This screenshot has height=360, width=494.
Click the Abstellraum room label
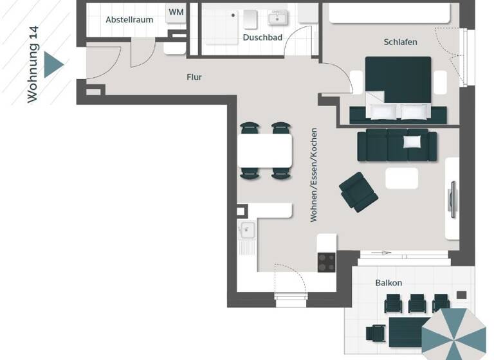(x=129, y=19)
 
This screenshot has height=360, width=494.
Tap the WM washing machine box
(x=176, y=13)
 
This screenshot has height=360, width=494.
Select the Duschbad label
(x=262, y=38)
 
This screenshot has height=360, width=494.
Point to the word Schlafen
(x=400, y=42)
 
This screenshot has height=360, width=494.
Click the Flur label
(x=194, y=77)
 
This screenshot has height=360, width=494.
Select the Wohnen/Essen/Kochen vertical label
(x=314, y=175)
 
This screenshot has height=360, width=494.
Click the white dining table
(x=265, y=150)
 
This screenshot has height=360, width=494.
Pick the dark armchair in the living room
(x=358, y=191)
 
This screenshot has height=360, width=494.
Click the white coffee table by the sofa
(x=401, y=178)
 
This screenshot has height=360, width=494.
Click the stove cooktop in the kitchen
(x=326, y=262)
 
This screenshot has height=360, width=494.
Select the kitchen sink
(x=246, y=230)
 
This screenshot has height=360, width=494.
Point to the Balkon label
(x=389, y=283)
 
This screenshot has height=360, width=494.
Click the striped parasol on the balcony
(x=453, y=334)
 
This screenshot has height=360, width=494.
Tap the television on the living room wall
(x=453, y=200)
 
